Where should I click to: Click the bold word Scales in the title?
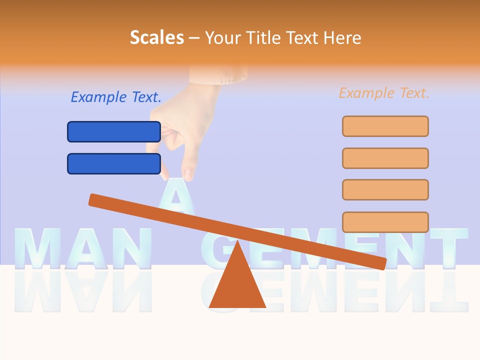(157, 37)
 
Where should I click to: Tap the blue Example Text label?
(116, 97)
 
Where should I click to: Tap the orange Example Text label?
(384, 93)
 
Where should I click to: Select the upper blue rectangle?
(114, 131)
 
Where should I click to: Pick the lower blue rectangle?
(114, 163)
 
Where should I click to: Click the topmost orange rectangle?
(385, 126)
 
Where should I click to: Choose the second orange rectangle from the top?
(385, 158)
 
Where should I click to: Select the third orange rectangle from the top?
(385, 189)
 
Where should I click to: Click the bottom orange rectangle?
(385, 222)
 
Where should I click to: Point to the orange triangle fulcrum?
(237, 282)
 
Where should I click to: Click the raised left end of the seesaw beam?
(95, 199)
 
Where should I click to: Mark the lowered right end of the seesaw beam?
(380, 262)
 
